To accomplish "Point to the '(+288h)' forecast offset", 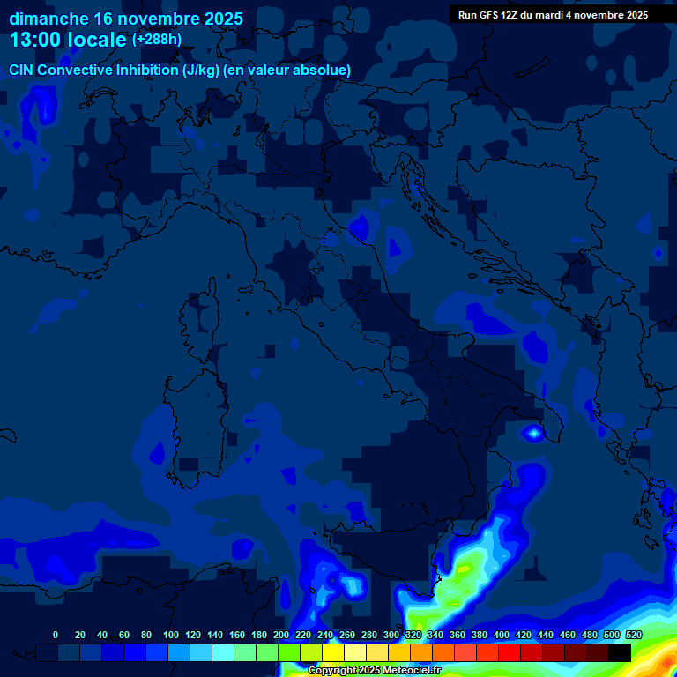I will click(157, 39).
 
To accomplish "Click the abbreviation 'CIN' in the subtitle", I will click(21, 71).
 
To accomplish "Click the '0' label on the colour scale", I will click(56, 635).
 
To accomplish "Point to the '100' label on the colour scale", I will click(171, 635).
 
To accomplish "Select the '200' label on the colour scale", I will click(281, 635).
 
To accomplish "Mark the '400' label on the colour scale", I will click(502, 635).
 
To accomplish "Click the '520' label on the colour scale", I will click(633, 635).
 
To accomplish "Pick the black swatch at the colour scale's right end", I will click(620, 652).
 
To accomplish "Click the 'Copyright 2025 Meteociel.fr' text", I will click(374, 671).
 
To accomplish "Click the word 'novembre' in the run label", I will click(604, 15).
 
